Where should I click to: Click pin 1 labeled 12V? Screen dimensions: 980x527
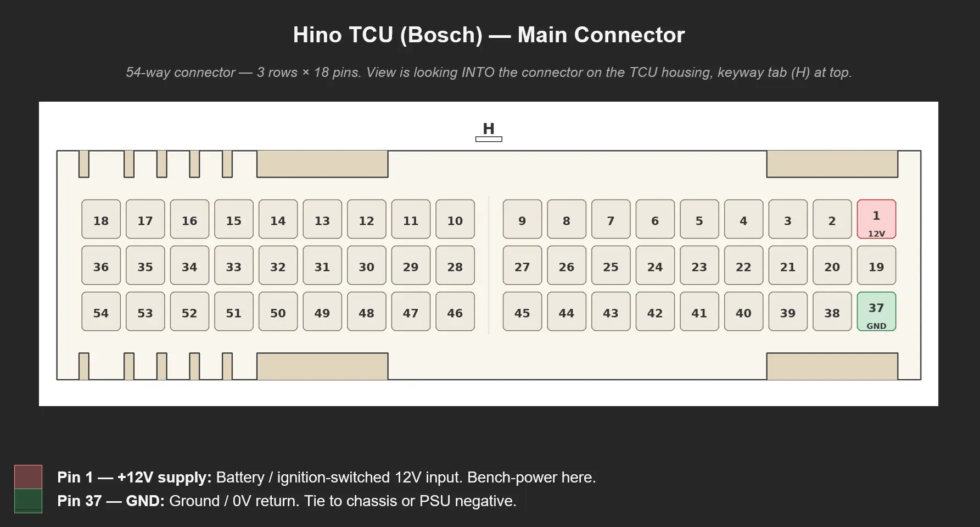point(876,219)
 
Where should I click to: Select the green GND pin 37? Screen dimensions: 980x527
point(876,312)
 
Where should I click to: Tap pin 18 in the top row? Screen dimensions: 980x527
point(101,219)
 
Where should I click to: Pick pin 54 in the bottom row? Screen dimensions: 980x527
point(101,312)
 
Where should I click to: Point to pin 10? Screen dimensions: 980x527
point(455,219)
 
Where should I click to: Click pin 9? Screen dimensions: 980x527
point(522,219)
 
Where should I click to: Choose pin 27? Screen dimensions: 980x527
point(522,265)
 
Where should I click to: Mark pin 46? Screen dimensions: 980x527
point(455,312)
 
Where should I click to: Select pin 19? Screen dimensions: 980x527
point(876,265)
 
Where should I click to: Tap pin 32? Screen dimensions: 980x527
point(278,265)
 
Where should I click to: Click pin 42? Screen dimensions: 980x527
point(655,312)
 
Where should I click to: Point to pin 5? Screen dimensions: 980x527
point(699,219)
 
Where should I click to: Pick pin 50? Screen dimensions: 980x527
point(278,312)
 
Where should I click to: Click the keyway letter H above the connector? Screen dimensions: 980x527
point(489,129)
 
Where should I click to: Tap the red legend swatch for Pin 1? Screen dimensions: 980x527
point(28,477)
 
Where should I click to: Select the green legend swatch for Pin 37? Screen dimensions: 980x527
point(28,501)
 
